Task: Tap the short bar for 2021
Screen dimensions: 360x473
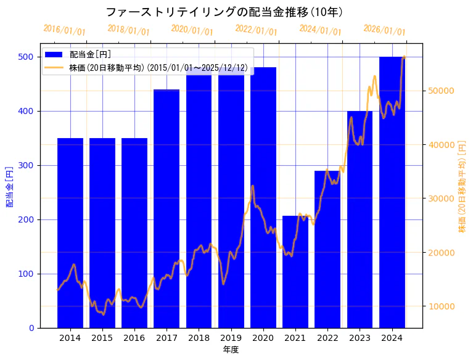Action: (295, 272)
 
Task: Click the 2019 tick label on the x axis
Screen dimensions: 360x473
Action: (231, 338)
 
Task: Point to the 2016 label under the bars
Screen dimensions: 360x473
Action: (134, 338)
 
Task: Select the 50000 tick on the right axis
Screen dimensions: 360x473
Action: (441, 91)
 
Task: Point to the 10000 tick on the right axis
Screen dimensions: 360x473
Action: (441, 306)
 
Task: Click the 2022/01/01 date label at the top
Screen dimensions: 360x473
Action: (257, 30)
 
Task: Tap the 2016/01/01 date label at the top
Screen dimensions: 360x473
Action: (64, 30)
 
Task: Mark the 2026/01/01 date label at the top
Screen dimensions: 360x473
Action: (385, 30)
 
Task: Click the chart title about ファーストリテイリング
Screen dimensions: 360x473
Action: (224, 12)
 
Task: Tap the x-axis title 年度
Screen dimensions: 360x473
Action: (231, 350)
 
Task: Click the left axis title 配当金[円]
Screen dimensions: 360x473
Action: (10, 186)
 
